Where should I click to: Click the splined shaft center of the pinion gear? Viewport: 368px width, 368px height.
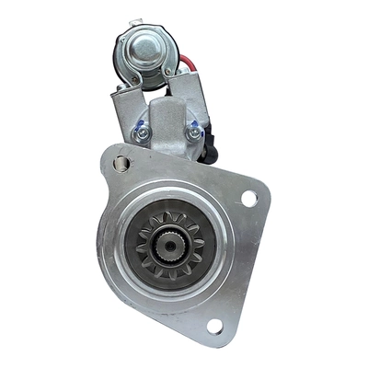[x=168, y=244]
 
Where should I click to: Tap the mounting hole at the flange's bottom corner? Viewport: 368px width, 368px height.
[x=214, y=325]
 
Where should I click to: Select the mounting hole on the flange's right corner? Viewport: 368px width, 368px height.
[x=248, y=197]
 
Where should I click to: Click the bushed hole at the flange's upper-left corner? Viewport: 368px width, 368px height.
[x=121, y=164]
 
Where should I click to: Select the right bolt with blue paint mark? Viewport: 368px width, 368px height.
[x=193, y=132]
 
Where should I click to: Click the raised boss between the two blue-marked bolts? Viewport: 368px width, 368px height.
[x=167, y=124]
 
